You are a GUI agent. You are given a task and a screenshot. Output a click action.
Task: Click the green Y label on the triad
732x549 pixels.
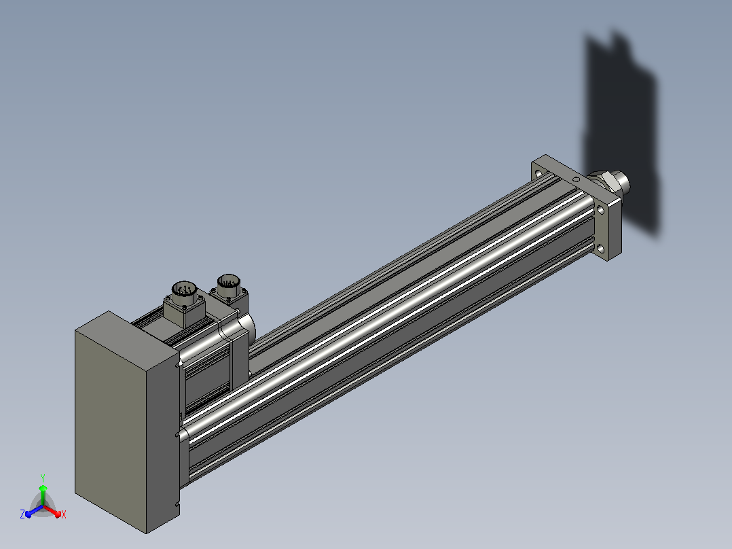(43, 478)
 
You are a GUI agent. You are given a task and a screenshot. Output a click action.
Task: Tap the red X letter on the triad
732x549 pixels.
(64, 514)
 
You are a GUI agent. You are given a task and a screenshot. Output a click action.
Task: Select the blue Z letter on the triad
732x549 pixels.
(22, 514)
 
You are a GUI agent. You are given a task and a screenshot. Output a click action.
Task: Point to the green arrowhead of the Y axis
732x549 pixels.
(43, 489)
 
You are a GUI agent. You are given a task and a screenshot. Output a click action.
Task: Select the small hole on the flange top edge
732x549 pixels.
(577, 179)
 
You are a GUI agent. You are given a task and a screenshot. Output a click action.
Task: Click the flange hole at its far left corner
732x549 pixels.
(538, 173)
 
